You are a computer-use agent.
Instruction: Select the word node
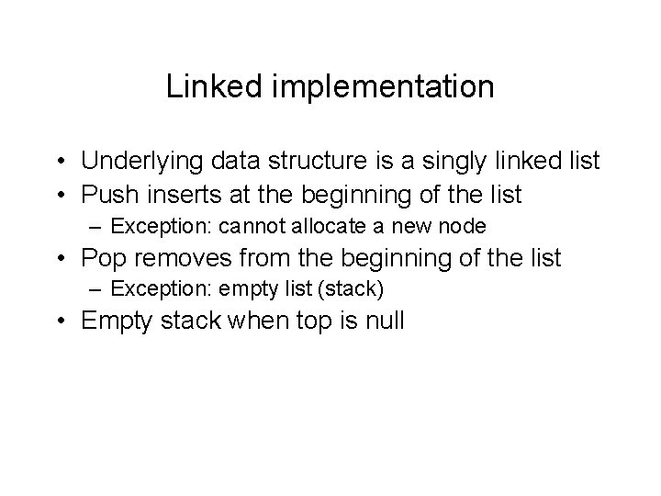(464, 225)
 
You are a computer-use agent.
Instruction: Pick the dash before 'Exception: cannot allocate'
(96, 226)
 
